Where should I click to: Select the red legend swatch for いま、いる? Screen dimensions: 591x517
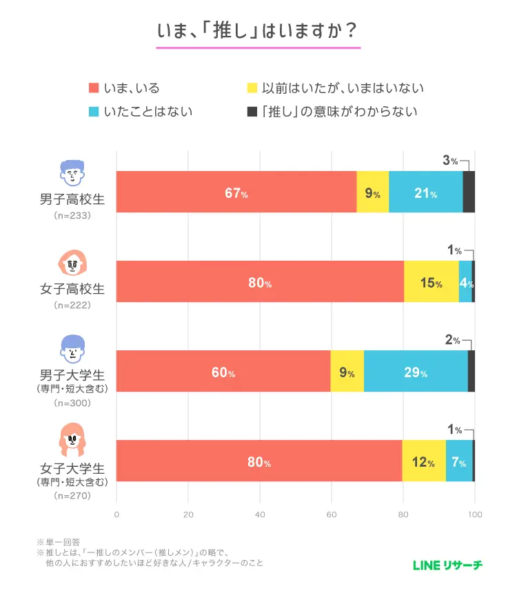point(94,88)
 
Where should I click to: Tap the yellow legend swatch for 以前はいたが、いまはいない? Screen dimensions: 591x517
point(252,88)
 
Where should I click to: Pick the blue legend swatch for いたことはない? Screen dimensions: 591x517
point(94,111)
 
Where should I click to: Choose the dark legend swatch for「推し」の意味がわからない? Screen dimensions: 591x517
point(252,111)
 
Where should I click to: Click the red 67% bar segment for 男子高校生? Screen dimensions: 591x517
point(236,192)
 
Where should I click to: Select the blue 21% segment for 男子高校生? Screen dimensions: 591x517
point(425,192)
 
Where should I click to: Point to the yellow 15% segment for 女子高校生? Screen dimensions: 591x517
point(431,281)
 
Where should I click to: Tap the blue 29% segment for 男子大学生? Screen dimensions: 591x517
point(416,371)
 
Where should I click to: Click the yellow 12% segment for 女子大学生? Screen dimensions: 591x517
point(423,461)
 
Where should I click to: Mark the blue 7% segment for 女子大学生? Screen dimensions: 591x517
point(459,461)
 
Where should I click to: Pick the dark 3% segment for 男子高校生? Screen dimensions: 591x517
point(469,192)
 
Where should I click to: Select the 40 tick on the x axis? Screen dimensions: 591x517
point(260,514)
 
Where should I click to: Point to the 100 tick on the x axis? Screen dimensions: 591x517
point(474,514)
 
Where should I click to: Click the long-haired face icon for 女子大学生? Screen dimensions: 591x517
point(72,443)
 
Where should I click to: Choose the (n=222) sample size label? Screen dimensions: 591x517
point(72,305)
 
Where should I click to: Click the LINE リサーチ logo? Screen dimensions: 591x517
point(448,565)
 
